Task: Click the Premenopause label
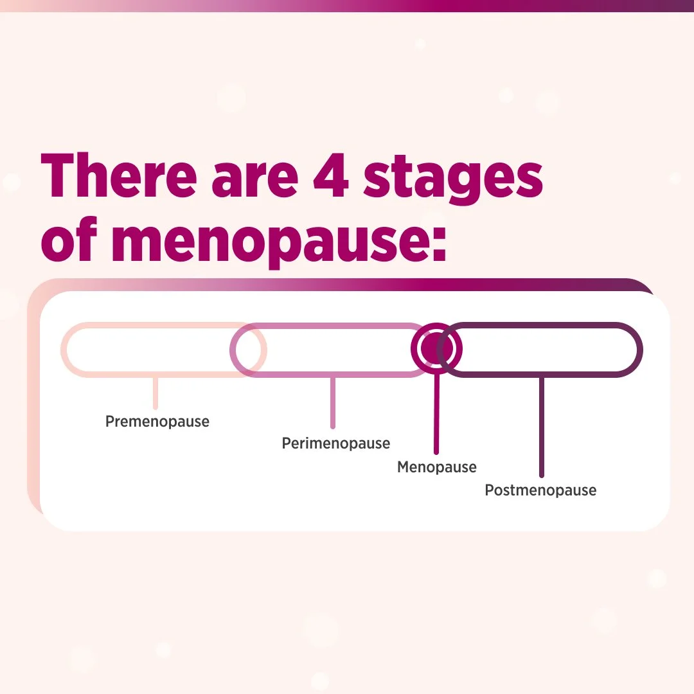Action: (x=157, y=422)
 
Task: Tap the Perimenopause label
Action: (x=336, y=443)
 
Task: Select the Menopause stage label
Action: (x=437, y=467)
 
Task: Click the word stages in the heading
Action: (x=453, y=177)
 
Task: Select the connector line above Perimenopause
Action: (x=333, y=402)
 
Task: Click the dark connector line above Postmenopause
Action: (x=542, y=427)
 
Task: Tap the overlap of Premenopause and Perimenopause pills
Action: (x=248, y=350)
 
